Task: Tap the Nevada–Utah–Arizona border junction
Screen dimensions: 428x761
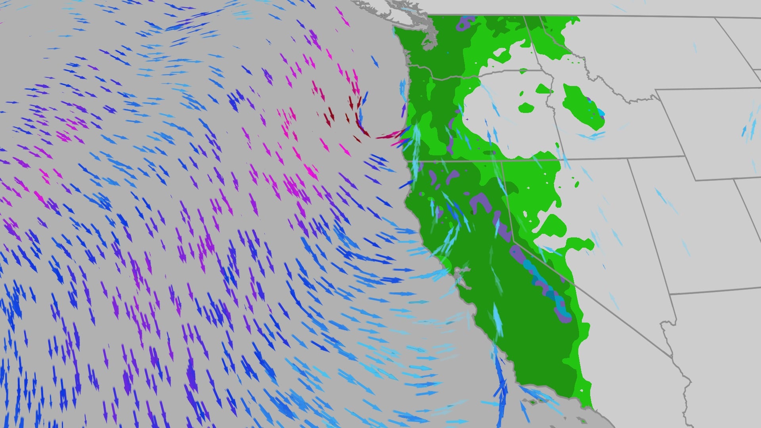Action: [671, 294]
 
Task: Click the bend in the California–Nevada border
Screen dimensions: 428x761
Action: [514, 240]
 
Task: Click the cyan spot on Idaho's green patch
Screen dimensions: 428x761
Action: [601, 113]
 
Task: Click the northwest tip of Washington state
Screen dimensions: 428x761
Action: [396, 30]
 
